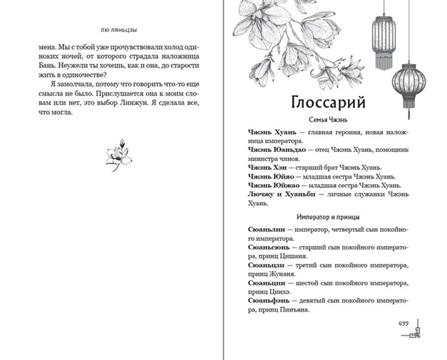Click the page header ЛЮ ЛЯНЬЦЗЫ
[x=111, y=20]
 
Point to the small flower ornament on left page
[x=114, y=154]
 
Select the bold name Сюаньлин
[x=263, y=230]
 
